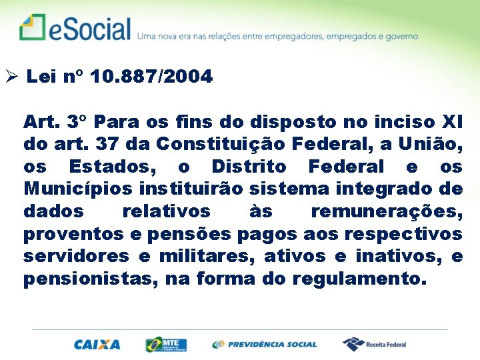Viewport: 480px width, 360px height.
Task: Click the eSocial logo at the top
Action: click(x=75, y=28)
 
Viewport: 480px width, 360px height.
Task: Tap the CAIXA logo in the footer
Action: click(x=97, y=345)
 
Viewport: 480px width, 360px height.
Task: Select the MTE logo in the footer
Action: click(x=166, y=345)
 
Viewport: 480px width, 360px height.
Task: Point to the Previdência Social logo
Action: click(x=265, y=345)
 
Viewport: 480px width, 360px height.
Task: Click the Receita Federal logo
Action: click(x=375, y=344)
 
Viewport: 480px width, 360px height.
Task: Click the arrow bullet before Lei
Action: click(x=12, y=77)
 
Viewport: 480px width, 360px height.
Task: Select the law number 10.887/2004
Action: click(x=151, y=77)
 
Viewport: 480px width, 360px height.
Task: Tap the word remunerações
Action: click(x=387, y=212)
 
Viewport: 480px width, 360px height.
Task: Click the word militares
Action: click(x=203, y=257)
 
